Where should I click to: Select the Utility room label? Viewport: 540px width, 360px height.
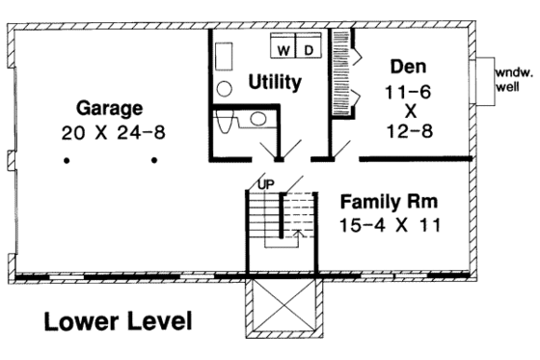275,83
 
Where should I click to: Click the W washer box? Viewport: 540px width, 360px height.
284,48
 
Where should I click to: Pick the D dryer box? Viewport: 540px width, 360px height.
308,48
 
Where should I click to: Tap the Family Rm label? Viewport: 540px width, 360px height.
390,204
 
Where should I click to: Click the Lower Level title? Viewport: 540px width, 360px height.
118,321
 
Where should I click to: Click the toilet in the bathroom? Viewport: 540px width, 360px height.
227,124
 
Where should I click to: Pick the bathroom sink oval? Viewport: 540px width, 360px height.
257,120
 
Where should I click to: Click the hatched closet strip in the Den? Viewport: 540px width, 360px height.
338,72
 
